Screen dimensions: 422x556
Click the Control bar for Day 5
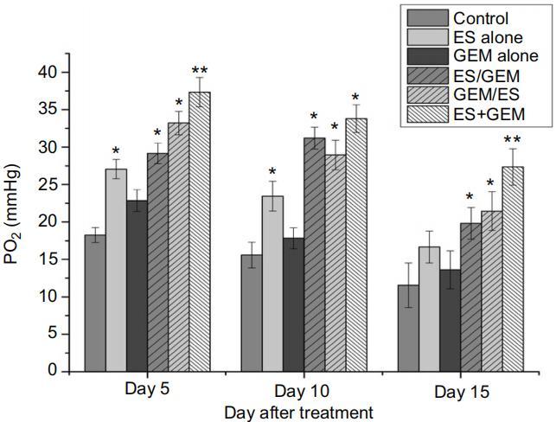tap(95, 303)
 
